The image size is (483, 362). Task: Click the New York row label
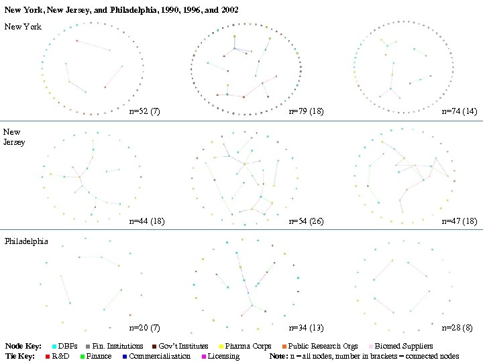[23, 27]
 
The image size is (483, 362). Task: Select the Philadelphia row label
[26, 241]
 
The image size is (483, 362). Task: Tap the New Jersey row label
[14, 137]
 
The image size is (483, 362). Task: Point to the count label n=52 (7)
[146, 111]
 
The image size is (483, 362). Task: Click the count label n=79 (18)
[306, 111]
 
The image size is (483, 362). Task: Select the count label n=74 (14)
[460, 111]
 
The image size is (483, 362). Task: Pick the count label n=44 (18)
[146, 221]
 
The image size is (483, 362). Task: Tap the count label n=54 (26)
[306, 221]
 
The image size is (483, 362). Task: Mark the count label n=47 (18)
[460, 221]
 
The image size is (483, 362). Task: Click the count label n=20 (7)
[144, 328]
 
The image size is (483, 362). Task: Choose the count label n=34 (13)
[306, 328]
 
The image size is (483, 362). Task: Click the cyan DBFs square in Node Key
[54, 347]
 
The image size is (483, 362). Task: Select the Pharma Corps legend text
[248, 347]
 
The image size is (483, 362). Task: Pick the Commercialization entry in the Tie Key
[160, 356]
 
